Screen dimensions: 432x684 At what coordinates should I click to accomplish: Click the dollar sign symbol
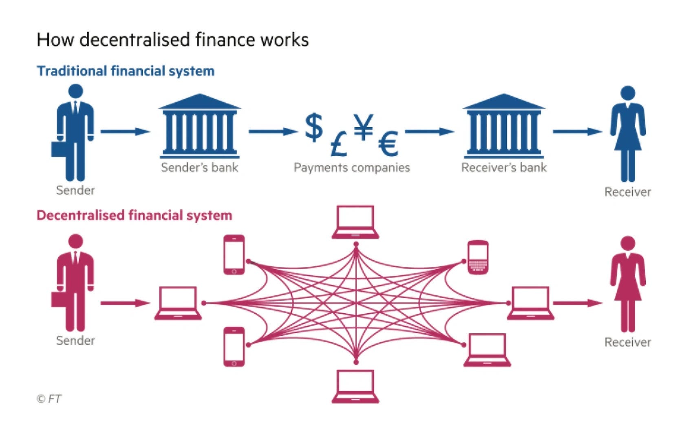314,127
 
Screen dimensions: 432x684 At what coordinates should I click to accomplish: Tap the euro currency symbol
388,143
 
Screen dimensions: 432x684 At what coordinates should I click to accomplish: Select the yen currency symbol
363,126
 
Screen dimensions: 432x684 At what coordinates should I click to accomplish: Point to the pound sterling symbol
338,144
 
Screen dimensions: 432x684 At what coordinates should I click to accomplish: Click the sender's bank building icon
200,126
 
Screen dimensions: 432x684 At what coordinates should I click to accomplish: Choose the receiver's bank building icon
504,126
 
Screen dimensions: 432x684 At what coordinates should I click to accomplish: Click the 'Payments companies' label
352,168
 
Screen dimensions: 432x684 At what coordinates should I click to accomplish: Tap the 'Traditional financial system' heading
126,71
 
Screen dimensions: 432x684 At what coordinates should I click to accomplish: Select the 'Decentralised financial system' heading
134,215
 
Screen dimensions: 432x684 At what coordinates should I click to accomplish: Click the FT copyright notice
49,399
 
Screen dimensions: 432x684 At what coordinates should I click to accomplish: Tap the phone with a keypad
478,257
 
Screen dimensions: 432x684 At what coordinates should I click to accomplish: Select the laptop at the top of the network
355,222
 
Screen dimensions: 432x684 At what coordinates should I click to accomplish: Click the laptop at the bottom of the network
355,386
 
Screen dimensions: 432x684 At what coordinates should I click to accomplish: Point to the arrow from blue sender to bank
125,131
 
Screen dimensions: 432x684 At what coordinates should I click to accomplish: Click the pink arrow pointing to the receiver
577,303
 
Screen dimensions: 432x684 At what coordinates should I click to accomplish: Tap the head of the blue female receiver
628,93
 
